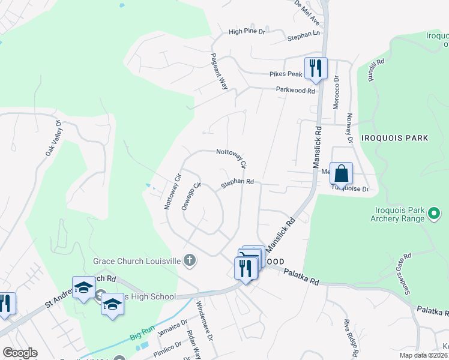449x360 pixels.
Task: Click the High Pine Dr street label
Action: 247,32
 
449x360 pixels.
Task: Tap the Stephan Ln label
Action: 303,37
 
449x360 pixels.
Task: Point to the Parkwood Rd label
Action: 295,91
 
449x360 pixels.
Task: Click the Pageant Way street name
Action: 218,71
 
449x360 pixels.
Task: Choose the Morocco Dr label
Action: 336,92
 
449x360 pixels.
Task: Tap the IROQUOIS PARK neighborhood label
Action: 395,138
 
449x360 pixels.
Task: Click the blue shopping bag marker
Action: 341,174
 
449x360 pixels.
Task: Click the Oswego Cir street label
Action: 190,196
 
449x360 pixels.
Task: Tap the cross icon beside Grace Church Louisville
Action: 190,260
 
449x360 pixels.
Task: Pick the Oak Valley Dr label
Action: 54,139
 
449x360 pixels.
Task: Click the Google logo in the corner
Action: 20,353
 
